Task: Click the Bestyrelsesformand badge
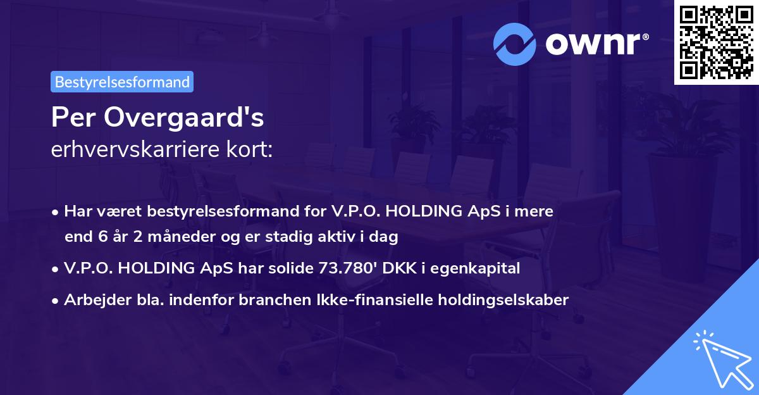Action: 122,82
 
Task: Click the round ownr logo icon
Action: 515,44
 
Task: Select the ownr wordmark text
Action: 596,44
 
